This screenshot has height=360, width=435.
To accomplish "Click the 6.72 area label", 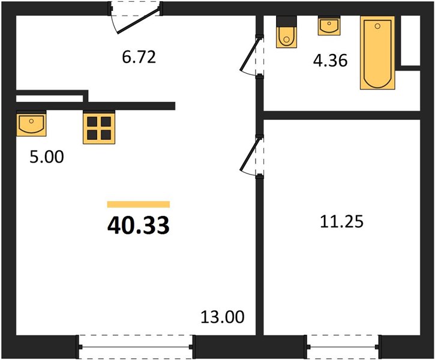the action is (x=139, y=58).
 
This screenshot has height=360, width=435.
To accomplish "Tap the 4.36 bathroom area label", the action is (x=330, y=61).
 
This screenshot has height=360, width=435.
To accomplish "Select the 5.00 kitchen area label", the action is (x=47, y=157).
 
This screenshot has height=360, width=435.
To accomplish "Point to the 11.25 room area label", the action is (x=341, y=221).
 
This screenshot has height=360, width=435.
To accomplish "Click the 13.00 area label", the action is (x=223, y=317).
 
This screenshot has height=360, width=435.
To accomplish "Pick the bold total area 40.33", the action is (x=138, y=225).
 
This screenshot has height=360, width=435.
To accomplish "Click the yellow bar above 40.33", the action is (x=139, y=205).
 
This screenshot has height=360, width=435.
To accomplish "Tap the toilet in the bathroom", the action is (x=287, y=32).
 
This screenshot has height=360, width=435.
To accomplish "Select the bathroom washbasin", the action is (x=329, y=26).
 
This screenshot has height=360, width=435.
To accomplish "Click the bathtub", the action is (x=377, y=53).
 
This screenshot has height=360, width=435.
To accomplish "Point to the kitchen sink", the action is (x=31, y=124).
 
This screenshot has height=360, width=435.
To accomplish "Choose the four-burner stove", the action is (x=99, y=128).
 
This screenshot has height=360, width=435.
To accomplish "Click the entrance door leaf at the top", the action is (x=139, y=21).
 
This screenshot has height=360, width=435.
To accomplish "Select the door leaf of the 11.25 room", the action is (x=251, y=154).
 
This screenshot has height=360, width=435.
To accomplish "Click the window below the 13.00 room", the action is (x=136, y=347).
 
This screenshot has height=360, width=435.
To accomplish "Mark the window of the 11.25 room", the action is (x=343, y=347).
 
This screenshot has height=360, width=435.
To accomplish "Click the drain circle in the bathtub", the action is (x=377, y=26).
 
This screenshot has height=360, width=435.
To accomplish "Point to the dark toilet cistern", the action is (x=287, y=21).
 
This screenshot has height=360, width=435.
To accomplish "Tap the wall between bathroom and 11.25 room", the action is (x=341, y=115).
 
